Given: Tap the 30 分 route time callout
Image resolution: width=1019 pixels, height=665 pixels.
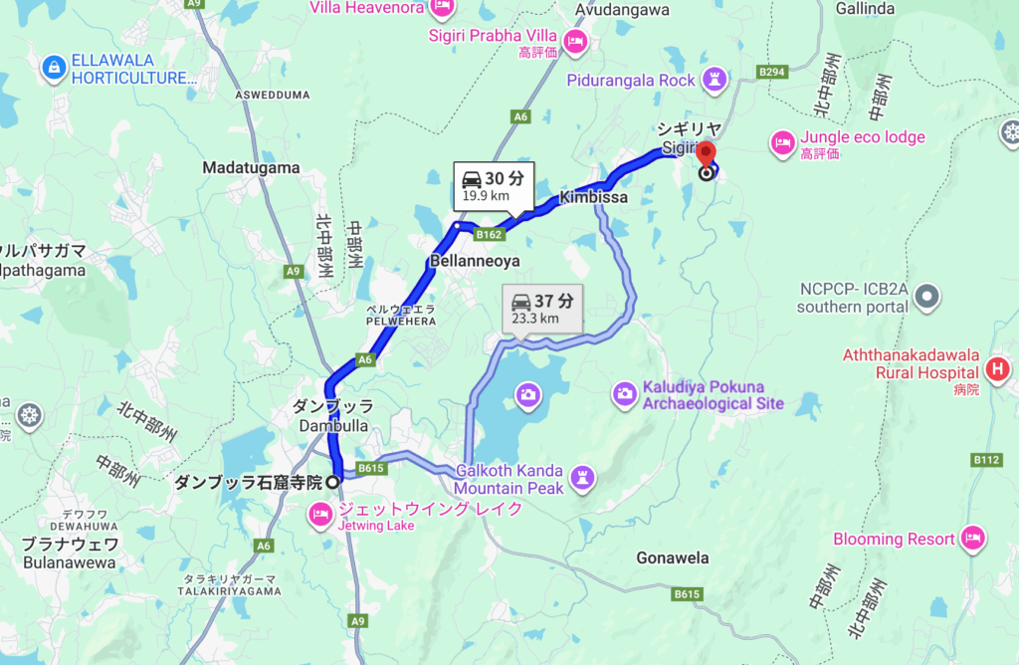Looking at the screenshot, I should [495, 185].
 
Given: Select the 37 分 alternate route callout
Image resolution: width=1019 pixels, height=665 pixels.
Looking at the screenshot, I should [542, 308].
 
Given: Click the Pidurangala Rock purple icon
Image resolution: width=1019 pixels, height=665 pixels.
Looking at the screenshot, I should [714, 79].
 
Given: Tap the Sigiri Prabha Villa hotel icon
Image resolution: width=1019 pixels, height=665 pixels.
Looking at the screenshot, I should [574, 42].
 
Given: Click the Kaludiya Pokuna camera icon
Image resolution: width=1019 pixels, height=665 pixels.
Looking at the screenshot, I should [625, 394].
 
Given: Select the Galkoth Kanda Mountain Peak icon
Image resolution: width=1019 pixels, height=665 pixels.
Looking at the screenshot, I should [583, 479].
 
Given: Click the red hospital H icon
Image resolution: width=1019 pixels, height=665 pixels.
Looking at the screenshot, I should [997, 370].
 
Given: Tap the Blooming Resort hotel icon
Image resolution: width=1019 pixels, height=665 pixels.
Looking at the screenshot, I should [972, 539].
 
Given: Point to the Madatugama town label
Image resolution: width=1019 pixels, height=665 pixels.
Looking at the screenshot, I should [251, 168].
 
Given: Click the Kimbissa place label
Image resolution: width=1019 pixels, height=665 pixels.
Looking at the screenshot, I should [593, 198].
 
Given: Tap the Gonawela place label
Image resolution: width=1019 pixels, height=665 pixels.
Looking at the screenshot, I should [675, 557].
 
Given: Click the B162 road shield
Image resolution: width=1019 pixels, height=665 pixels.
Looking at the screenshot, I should [489, 235].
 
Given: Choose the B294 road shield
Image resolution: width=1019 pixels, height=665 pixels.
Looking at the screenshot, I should [773, 72].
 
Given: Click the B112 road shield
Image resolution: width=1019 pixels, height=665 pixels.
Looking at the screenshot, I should [986, 460].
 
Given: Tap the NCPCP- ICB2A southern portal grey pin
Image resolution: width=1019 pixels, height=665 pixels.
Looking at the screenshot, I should [927, 296].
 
